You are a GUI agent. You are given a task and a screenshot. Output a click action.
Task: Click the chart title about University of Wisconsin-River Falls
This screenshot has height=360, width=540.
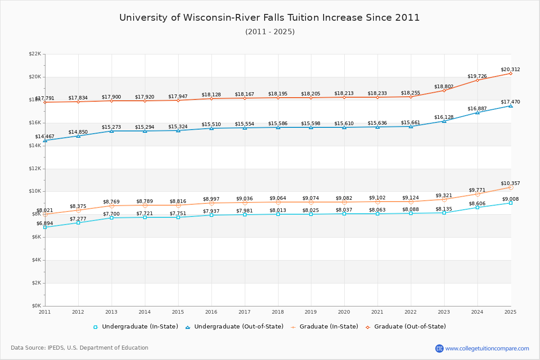point(270,18)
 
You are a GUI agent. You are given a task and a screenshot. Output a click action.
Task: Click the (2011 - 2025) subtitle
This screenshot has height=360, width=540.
point(270,32)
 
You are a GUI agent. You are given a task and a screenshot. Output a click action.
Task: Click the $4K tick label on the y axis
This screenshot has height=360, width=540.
point(36,260)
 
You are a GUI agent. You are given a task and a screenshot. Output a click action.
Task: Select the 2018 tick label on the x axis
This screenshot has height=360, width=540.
point(278,312)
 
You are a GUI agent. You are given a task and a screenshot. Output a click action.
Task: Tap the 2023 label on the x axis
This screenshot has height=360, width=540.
point(444,312)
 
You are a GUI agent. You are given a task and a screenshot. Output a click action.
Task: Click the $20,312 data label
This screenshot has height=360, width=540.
point(510,70)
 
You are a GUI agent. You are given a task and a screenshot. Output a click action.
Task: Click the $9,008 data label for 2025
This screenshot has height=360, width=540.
point(510,199)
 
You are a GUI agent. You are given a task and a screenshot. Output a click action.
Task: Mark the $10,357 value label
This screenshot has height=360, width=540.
point(510,183)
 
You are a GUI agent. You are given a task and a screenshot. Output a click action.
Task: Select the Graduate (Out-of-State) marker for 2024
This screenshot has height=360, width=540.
point(477,80)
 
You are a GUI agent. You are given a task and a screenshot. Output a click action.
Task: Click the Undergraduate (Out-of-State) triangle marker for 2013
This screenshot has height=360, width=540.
point(112,131)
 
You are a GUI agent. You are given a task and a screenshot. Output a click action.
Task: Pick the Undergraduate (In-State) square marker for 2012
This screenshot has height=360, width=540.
point(78,223)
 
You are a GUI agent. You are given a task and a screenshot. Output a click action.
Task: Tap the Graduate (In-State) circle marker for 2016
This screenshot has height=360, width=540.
point(211,203)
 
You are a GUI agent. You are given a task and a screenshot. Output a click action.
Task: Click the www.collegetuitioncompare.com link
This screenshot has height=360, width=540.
point(487,348)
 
